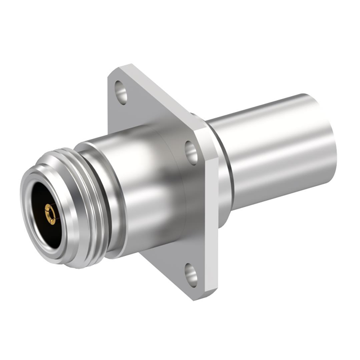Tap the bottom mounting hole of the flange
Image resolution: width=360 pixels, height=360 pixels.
click(191, 276)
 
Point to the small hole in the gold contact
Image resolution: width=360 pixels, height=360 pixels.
click(49, 213)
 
